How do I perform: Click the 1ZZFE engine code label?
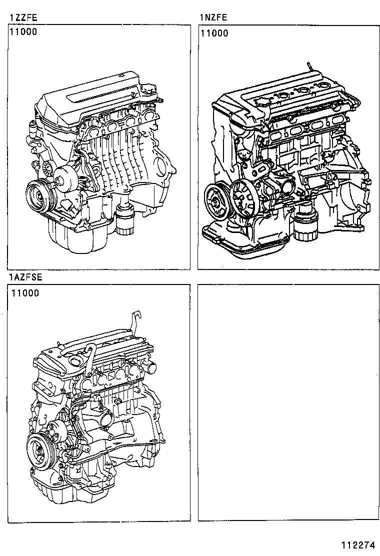[x=23, y=18]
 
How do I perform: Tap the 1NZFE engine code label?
[x=213, y=18]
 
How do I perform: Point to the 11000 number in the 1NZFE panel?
[x=214, y=33]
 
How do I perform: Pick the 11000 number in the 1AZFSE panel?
[x=25, y=293]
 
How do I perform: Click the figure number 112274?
[x=358, y=544]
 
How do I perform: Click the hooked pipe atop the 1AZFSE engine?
[x=135, y=322]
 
